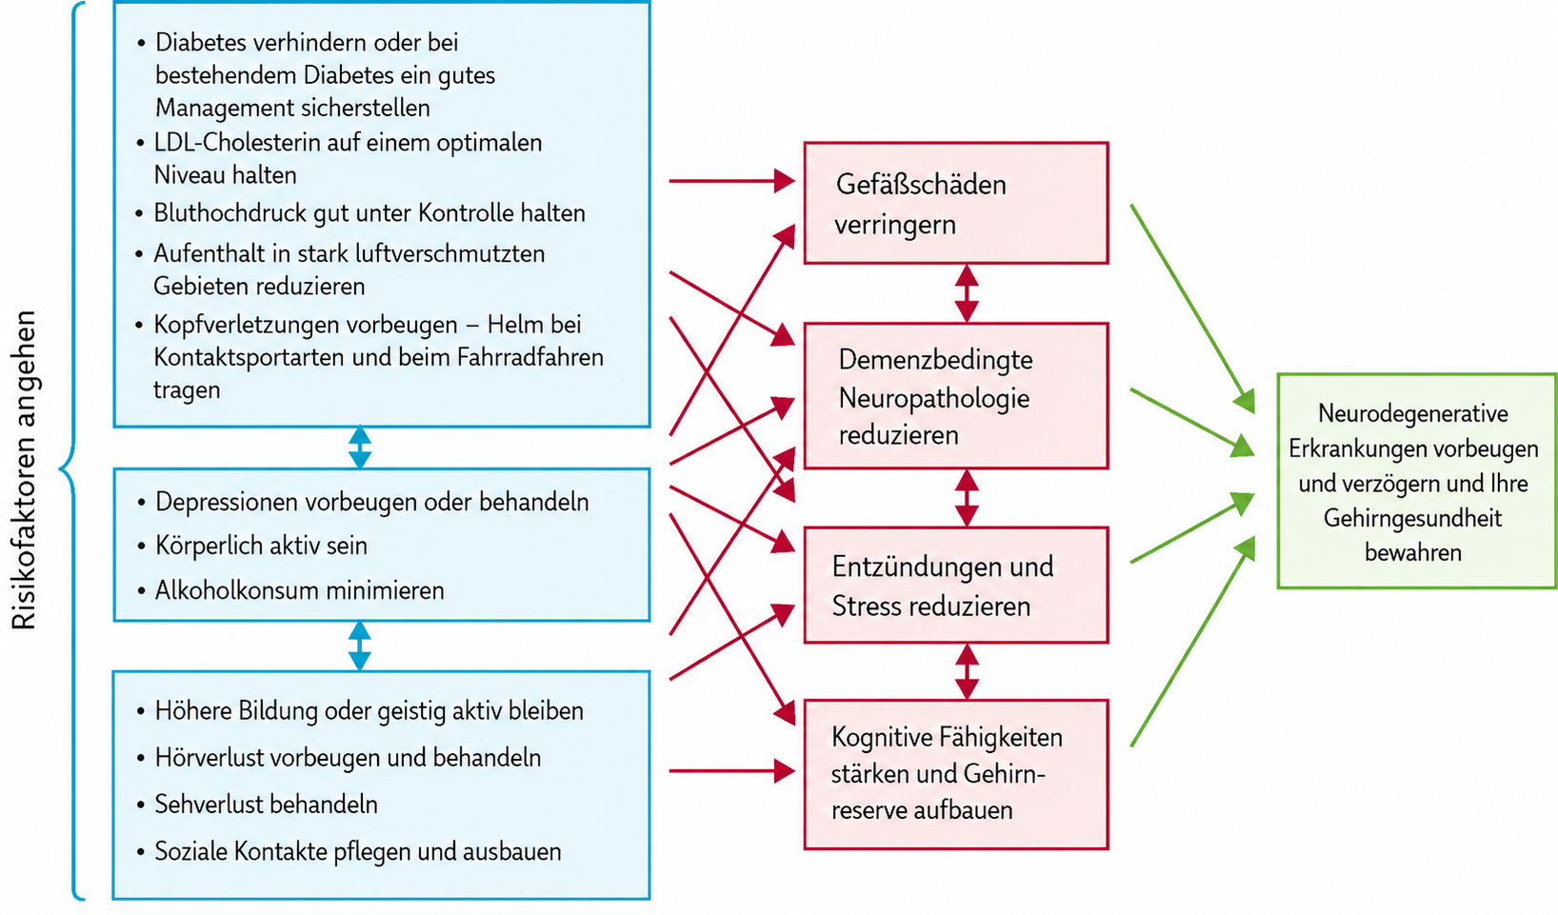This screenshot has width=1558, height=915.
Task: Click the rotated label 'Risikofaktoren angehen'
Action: [x=23, y=470]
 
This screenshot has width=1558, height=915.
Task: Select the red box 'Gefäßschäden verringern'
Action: [x=956, y=203]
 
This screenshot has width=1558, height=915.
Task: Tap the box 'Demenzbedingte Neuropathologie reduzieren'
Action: [x=956, y=396]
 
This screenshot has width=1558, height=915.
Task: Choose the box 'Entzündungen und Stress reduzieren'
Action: [x=956, y=585]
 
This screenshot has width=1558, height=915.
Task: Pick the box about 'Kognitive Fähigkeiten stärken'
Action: [x=956, y=774]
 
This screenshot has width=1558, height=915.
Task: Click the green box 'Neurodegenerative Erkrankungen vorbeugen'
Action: [x=1416, y=481]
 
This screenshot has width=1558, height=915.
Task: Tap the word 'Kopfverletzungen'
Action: [x=247, y=325]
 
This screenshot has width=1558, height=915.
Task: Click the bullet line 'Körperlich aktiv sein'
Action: [x=261, y=546]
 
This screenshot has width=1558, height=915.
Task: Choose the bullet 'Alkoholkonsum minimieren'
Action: [x=299, y=590]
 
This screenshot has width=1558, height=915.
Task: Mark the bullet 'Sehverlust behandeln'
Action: [x=266, y=805]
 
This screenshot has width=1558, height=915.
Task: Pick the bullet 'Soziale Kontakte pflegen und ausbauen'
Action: [x=357, y=852]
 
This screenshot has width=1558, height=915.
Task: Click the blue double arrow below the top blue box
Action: [x=360, y=448]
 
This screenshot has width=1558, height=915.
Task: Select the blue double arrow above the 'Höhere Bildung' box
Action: [x=360, y=646]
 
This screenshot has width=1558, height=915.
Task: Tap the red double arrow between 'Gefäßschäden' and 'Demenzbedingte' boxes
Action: [x=967, y=293]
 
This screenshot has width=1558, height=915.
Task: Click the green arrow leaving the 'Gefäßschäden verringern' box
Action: [x=1192, y=308]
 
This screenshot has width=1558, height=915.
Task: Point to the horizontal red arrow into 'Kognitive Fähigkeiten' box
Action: [x=731, y=770]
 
